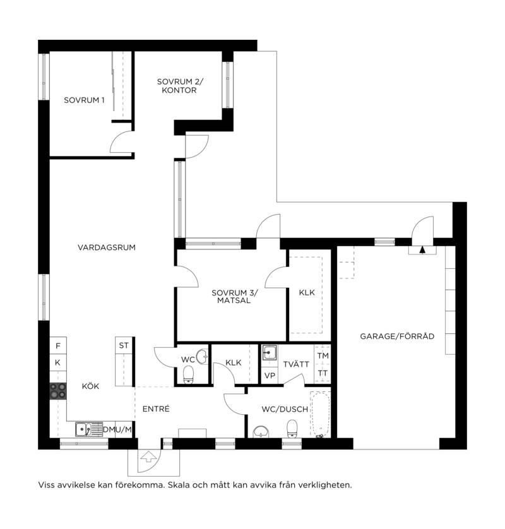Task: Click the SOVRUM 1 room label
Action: [84, 100]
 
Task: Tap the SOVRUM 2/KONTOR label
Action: [180, 86]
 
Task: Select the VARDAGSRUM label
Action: [107, 247]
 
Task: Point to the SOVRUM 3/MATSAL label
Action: [234, 297]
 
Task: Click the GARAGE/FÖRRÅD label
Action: [397, 336]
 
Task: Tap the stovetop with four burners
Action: [58, 391]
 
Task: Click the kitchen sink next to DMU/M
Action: [89, 429]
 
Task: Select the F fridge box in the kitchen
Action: [58, 345]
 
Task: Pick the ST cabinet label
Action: [124, 345]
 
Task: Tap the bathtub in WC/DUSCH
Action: [320, 415]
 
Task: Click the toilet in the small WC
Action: [188, 375]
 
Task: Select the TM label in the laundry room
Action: [323, 355]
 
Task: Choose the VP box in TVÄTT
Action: [270, 376]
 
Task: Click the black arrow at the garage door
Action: [422, 249]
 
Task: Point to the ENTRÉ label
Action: [156, 408]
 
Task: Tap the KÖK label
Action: [90, 386]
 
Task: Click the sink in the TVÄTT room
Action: [270, 353]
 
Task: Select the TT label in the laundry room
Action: [323, 374]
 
